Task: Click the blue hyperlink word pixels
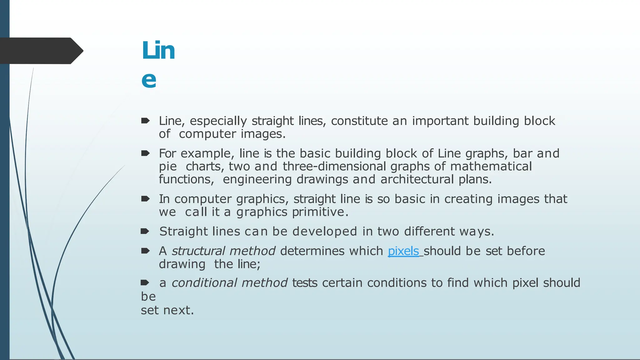click(x=403, y=251)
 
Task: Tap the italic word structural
click(x=198, y=251)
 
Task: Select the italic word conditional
click(x=204, y=283)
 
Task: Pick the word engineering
click(x=257, y=180)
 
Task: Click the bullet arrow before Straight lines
click(x=145, y=232)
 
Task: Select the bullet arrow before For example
click(x=145, y=153)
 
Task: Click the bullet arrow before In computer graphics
click(x=145, y=199)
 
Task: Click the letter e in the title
click(x=149, y=80)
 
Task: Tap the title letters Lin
click(x=158, y=51)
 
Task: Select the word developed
click(x=325, y=232)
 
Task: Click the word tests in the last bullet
click(x=305, y=283)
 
